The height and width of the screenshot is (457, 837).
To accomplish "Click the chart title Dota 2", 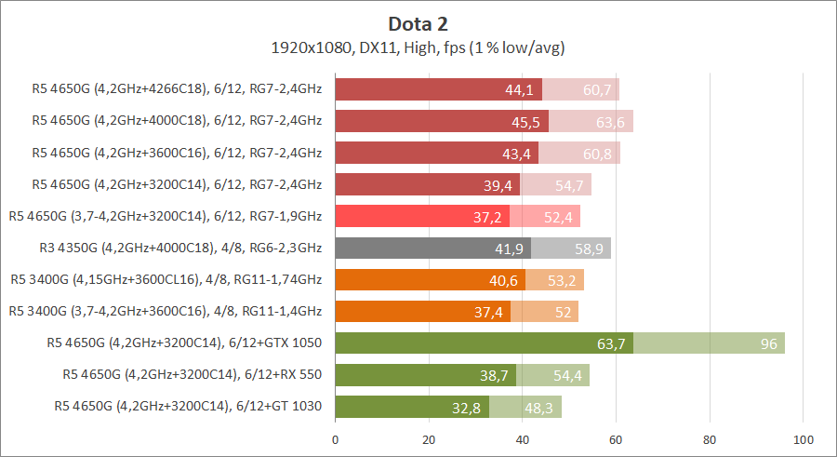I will pos(418,23).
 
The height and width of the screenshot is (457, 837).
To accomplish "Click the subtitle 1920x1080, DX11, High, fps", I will pos(418,47).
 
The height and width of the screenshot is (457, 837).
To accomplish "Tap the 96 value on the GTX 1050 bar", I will pos(768,343).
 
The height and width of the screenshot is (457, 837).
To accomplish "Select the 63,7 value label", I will pos(611,343).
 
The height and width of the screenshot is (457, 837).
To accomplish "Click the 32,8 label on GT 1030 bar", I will pos(468,407).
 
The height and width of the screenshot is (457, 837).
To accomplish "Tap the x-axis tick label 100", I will pos(804,438).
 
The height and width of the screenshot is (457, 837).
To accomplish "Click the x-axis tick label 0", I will pos(335,438).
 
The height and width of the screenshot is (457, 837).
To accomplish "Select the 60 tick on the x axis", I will pos(616,438).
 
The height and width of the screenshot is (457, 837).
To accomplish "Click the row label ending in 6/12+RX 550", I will pos(192,374).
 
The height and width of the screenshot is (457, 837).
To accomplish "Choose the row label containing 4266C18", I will pos(177,90).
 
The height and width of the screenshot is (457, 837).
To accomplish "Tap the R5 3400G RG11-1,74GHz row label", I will pos(166,280).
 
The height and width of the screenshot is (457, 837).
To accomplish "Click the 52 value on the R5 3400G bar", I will pos(563,312).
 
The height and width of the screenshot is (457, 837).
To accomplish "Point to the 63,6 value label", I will pos(611,122).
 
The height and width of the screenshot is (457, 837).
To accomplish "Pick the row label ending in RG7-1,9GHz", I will pos(166,217).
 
